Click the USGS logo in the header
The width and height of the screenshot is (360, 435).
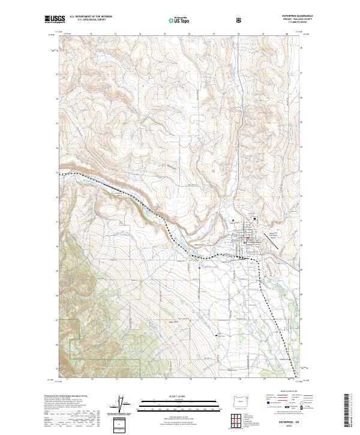coord(53,20)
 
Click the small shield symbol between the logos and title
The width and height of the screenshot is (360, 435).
coord(240,20)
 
